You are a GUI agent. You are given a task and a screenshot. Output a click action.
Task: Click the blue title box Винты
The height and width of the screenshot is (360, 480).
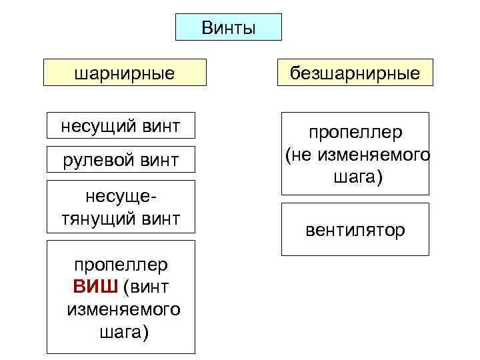(228, 27)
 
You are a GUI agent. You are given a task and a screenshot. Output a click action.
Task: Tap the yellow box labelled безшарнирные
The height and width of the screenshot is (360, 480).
(355, 73)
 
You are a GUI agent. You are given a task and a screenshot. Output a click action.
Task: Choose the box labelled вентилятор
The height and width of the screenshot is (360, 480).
(355, 230)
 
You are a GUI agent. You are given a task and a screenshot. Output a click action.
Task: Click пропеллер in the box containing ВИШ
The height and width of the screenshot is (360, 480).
(121, 265)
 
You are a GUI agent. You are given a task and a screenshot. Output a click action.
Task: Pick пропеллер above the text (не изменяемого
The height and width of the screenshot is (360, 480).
(355, 133)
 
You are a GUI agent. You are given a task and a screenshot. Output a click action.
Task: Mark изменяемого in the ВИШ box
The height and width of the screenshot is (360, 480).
(124, 310)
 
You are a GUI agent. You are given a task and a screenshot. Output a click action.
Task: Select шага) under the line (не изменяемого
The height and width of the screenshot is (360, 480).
(356, 178)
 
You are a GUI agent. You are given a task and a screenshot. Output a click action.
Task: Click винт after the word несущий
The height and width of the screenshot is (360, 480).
(161, 125)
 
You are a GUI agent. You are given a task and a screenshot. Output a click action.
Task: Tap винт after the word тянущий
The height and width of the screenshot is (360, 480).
(161, 219)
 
